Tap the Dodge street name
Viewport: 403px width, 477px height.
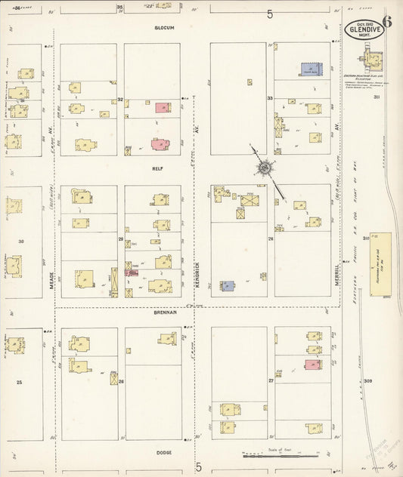pos(164,452)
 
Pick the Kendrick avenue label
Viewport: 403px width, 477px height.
pos(195,273)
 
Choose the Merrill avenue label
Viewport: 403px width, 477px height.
pos(337,273)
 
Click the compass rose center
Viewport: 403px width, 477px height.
pos(265,168)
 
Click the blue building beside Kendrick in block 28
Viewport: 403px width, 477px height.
pos(228,286)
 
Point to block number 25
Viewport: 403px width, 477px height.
pos(20,383)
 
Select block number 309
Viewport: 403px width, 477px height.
pos(368,380)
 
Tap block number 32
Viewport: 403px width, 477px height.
pos(120,99)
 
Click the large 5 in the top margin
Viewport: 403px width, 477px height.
pos(269,14)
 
